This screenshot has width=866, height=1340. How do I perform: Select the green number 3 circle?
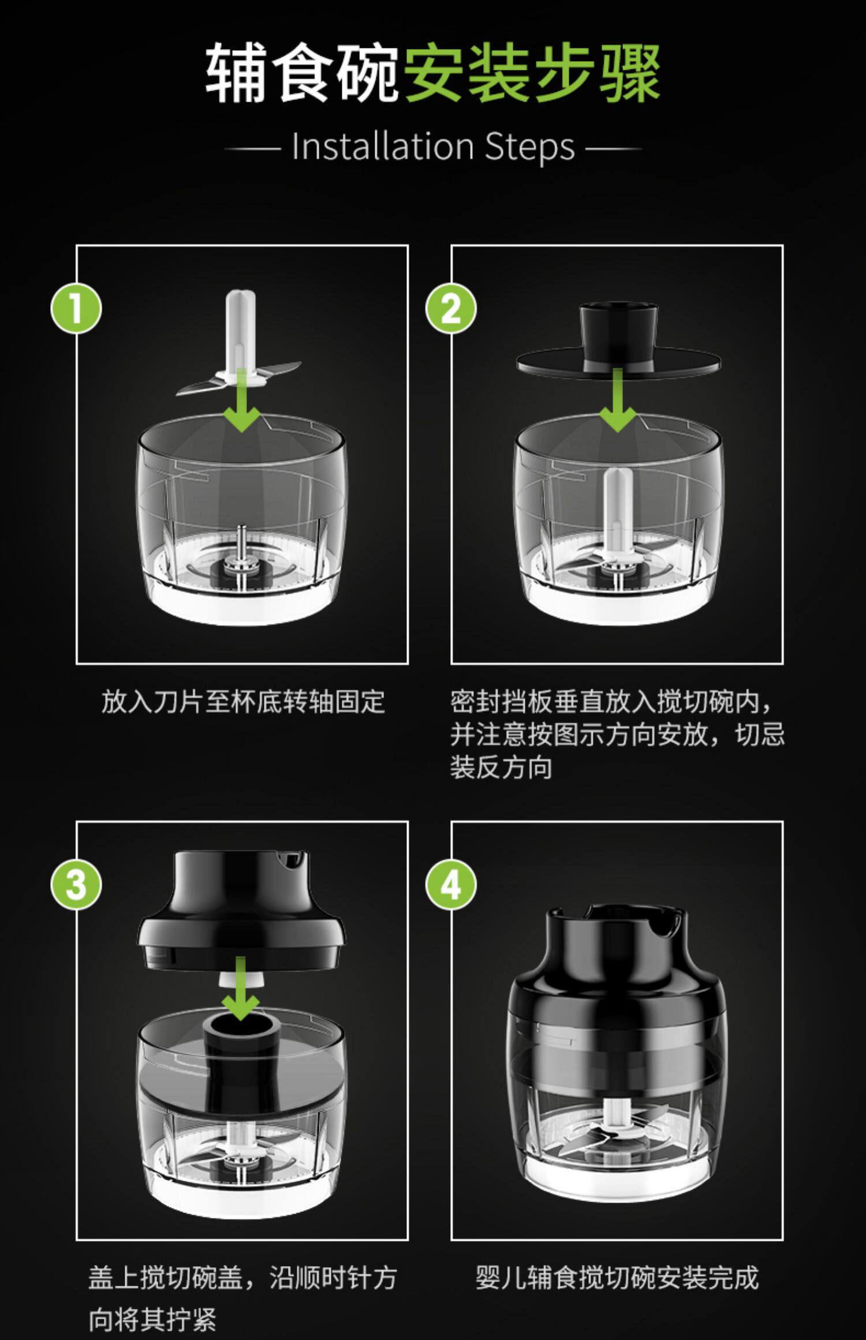tap(76, 885)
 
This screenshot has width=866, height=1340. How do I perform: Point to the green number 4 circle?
tap(451, 885)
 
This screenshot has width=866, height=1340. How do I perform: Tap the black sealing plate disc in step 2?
tap(618, 362)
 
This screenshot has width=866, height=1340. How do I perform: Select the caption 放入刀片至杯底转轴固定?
tap(243, 702)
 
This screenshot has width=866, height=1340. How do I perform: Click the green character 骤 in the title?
tap(630, 74)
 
